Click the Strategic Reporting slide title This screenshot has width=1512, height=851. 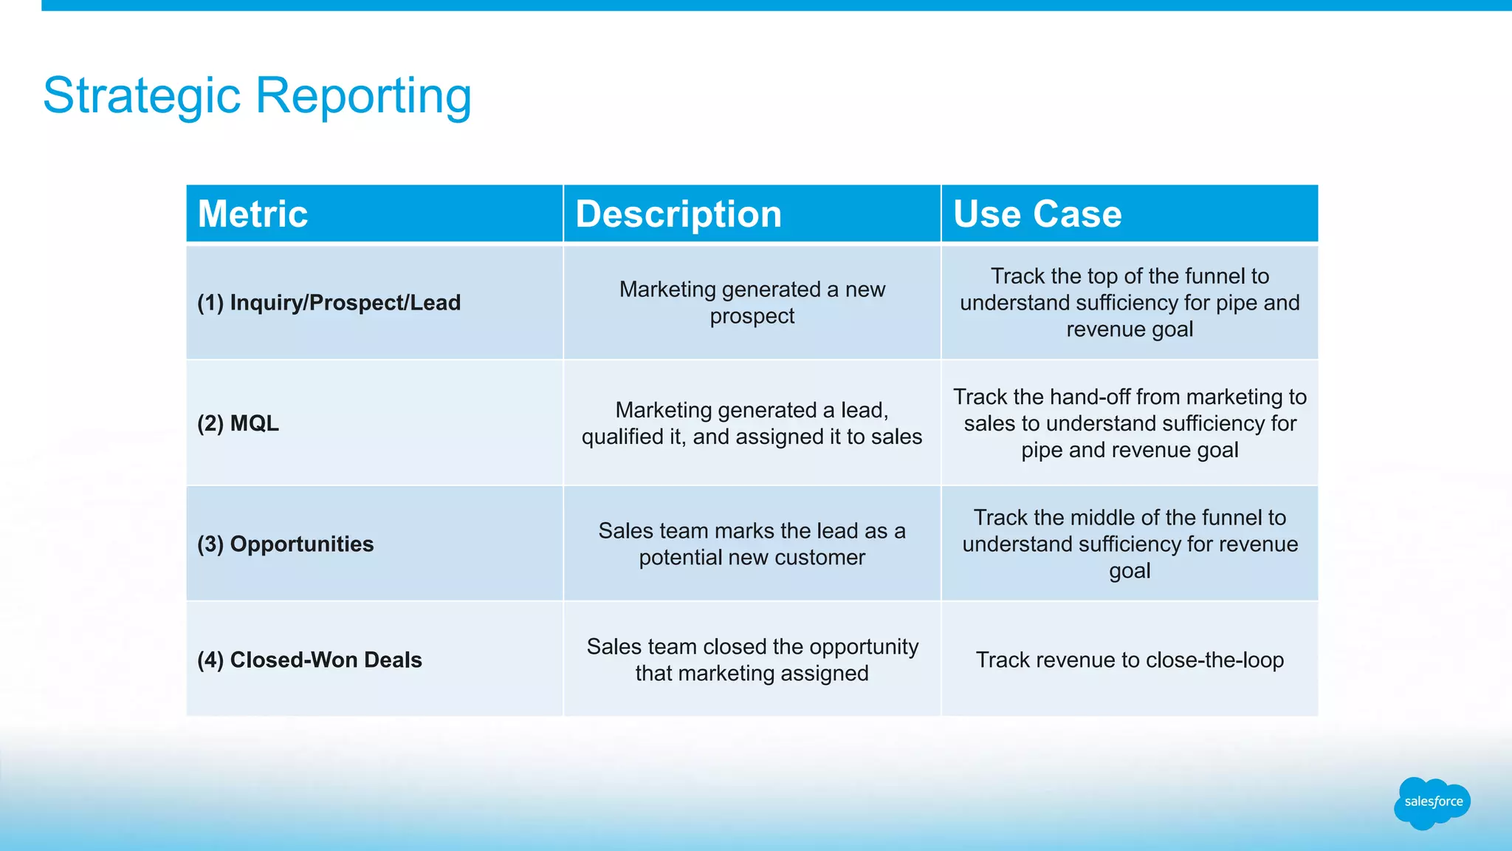257,96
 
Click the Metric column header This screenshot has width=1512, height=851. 252,214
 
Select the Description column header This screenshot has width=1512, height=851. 678,214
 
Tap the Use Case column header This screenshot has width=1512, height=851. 1037,214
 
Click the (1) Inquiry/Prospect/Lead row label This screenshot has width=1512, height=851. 329,303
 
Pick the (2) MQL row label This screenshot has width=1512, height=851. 238,423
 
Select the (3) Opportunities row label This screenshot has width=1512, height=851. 285,544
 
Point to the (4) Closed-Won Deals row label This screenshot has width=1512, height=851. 309,660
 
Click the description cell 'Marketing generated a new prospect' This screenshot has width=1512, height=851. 752,303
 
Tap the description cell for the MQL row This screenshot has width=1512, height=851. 752,423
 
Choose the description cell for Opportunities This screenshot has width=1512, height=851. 752,544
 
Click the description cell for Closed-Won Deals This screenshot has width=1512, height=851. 752,660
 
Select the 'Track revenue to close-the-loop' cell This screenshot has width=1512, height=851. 1130,660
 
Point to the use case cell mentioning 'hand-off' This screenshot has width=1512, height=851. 1130,423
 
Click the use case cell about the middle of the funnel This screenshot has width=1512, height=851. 1130,544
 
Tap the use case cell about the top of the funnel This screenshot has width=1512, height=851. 1130,303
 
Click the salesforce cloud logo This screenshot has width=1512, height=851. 1432,802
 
